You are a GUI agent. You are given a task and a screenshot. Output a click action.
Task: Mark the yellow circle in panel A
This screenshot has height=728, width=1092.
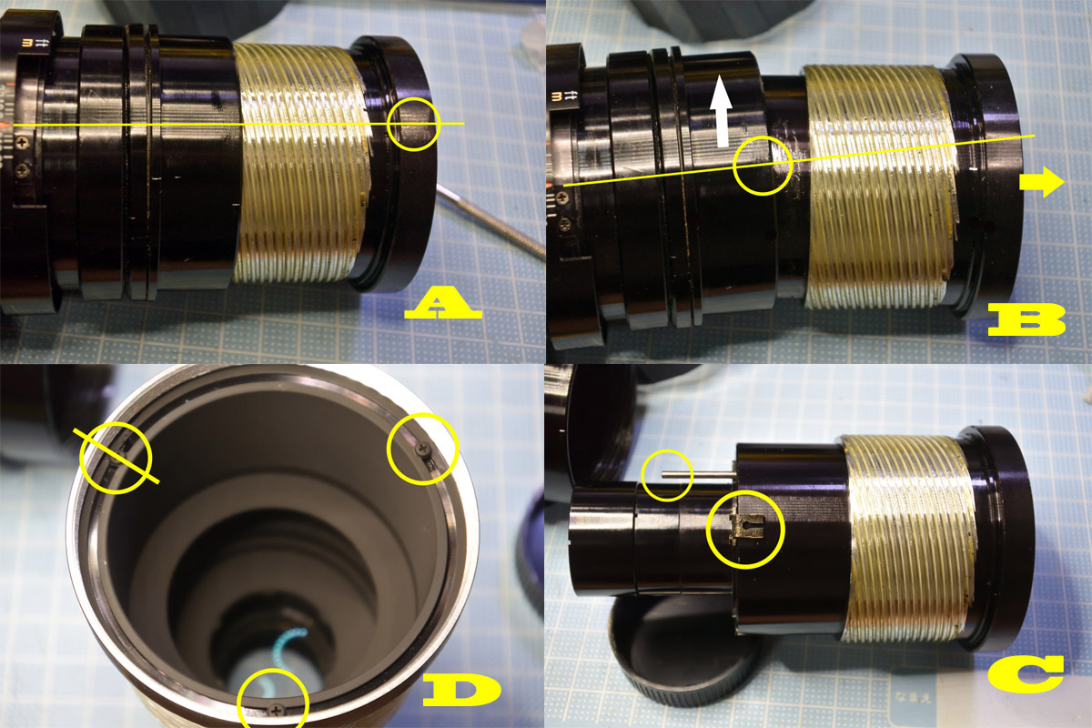[x=412, y=125]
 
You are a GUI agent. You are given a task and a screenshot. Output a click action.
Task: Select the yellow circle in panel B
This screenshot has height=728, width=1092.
[x=763, y=166]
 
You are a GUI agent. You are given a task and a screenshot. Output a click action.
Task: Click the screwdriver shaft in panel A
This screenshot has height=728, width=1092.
[x=491, y=218]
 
